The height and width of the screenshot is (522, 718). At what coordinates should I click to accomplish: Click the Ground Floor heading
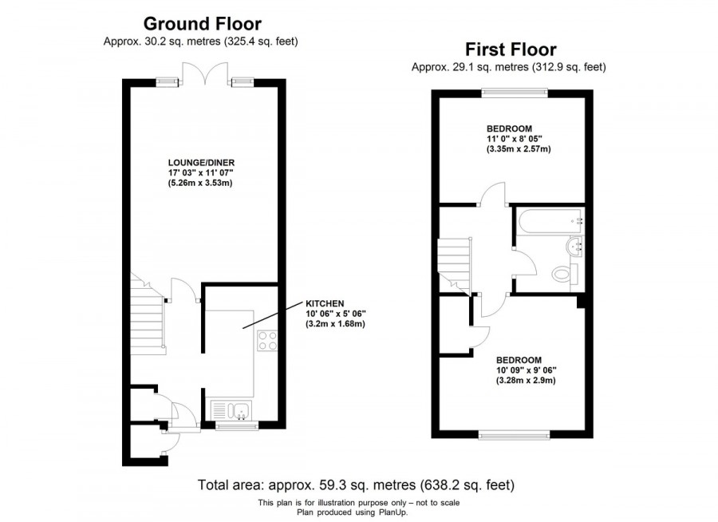tap(203, 23)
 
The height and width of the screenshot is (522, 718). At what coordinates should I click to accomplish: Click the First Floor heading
tap(511, 49)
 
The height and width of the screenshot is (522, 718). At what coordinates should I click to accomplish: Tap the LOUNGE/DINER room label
tap(201, 163)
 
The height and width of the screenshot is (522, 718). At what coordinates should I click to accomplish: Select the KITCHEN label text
tap(325, 303)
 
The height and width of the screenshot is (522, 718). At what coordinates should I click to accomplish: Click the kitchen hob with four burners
tap(267, 341)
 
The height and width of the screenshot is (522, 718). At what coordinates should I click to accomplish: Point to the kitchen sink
tap(231, 410)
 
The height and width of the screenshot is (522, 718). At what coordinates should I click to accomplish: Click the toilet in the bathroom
tap(565, 275)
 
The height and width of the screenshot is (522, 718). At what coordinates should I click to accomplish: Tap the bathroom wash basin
tap(574, 246)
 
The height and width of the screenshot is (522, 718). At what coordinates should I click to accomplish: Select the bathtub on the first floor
tap(550, 221)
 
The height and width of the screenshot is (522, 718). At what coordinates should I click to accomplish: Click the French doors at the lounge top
tap(205, 73)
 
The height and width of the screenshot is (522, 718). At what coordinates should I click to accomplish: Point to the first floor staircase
tap(454, 264)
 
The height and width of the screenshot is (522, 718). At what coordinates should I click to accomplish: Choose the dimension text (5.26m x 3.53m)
tap(200, 184)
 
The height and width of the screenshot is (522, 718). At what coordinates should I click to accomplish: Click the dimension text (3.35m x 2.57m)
tap(519, 149)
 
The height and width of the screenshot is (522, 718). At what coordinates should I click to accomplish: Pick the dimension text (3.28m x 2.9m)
tap(526, 381)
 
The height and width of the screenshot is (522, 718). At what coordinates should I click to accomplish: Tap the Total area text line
tap(356, 484)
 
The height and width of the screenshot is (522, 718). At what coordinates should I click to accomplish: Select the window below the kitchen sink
tap(237, 426)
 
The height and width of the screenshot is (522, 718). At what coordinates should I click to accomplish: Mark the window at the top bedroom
tap(515, 93)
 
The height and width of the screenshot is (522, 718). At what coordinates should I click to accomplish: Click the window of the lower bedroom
tap(515, 434)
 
